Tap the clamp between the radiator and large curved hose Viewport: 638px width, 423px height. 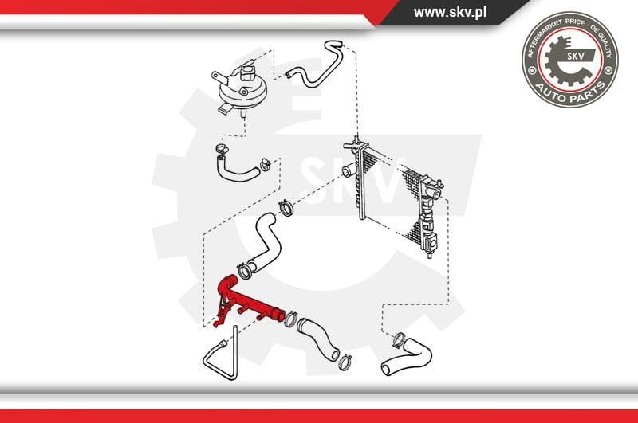285,210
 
